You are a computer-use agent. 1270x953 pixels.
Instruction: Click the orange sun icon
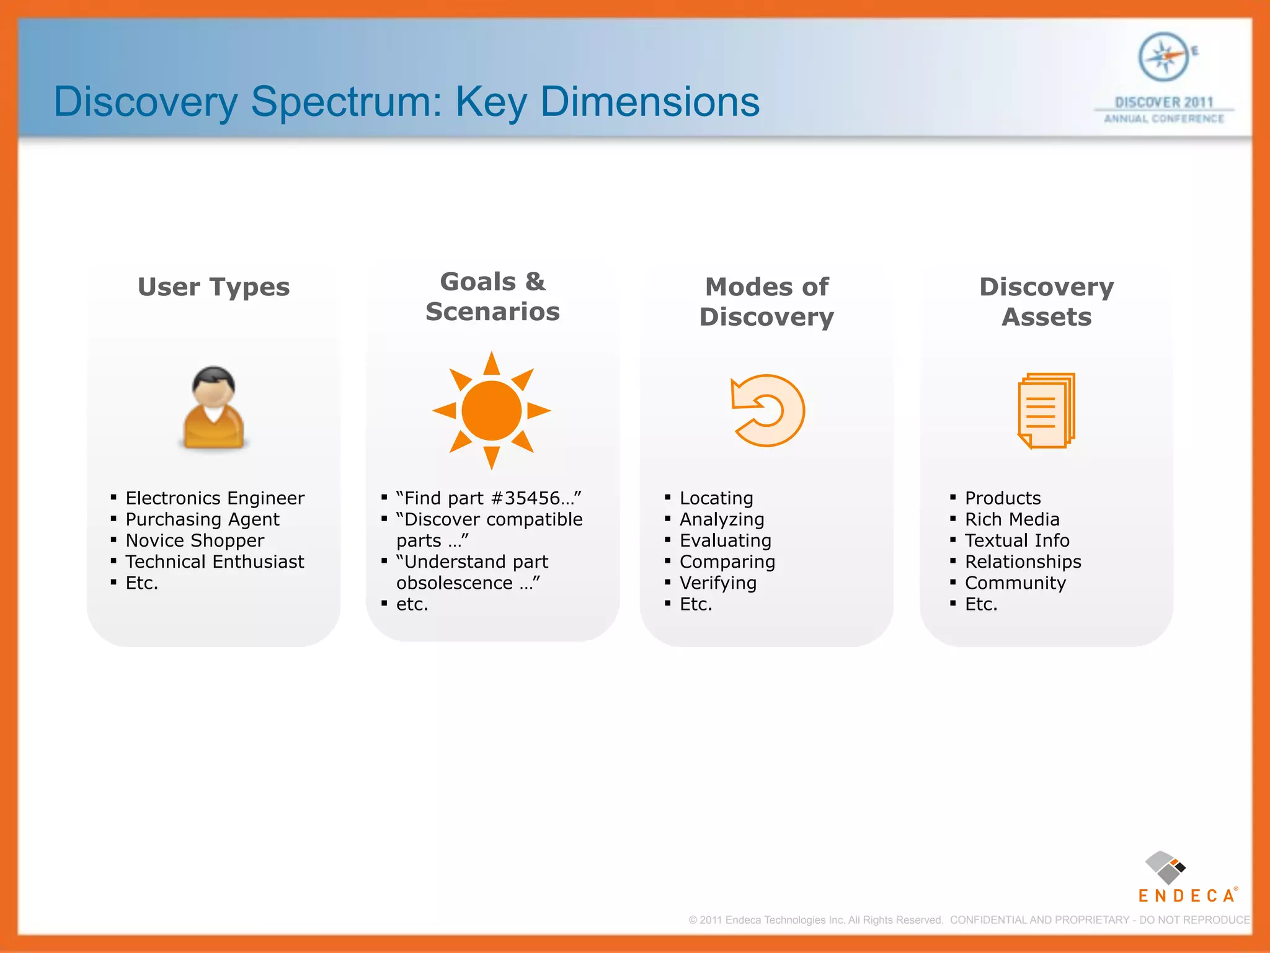coord(491,411)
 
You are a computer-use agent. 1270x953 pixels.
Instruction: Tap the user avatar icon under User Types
coord(213,408)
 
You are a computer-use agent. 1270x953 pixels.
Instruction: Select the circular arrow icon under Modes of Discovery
coord(768,410)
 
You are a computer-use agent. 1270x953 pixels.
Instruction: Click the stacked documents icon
coord(1046,410)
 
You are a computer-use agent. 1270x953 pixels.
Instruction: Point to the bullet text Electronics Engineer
coord(215,498)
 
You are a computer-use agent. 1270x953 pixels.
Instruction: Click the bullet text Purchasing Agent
coord(202,519)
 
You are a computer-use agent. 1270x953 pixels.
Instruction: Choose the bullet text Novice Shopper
coord(195,540)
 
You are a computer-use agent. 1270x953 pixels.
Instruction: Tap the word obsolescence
coord(454,583)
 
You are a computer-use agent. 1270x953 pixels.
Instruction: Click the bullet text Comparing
coord(727,562)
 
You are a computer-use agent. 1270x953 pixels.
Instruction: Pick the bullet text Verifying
coord(717,583)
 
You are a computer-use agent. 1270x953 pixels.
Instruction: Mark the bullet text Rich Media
coord(1011,519)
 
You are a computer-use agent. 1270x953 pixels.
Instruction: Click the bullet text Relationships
coord(1023,562)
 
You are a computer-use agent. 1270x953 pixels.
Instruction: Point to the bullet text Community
coord(1015,583)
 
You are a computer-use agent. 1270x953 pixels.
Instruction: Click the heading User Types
coord(213,287)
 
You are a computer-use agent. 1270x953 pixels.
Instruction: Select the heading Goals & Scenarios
coord(492,297)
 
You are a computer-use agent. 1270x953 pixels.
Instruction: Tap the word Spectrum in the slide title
coord(346,102)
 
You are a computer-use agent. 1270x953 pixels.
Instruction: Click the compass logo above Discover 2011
coord(1163,57)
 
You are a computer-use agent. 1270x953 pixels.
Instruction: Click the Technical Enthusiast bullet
coord(215,562)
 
